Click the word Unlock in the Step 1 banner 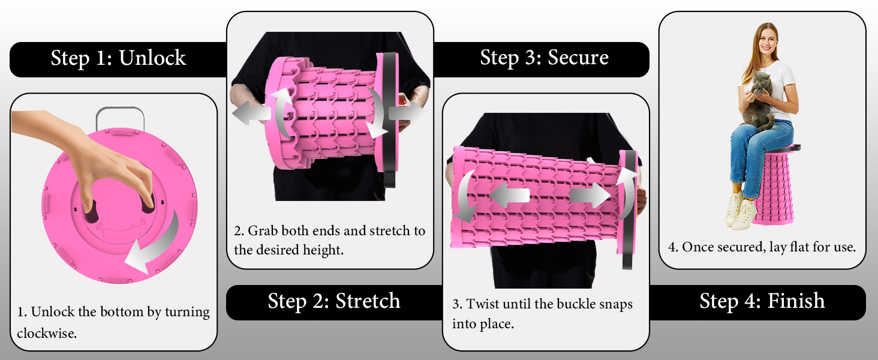coord(152,58)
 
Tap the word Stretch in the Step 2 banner coord(368,301)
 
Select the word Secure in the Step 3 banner coord(578,57)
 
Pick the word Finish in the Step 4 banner coord(796,301)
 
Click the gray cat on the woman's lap coord(759,100)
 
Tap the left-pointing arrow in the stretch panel coord(251,114)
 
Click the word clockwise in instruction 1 coord(47,334)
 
